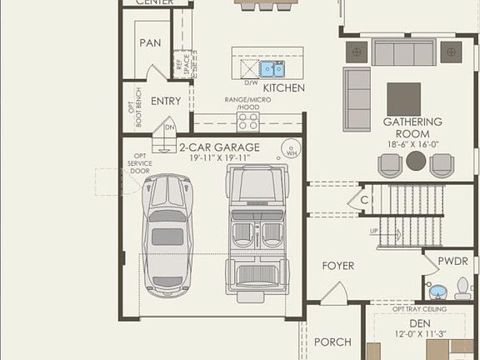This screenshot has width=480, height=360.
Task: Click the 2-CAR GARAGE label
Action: point(219,147)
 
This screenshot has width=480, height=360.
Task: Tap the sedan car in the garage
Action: point(167,233)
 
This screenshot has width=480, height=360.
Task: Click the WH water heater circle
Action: point(291,151)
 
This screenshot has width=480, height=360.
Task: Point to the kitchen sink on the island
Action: point(272,68)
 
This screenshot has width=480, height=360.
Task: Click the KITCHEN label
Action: point(283,87)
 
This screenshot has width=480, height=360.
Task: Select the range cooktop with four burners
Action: point(248,122)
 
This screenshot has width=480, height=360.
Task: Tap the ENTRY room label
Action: point(166,101)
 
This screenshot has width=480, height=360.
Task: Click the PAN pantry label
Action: point(150,42)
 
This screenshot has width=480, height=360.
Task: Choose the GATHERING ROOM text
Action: point(407,127)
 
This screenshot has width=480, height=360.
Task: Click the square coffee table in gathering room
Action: point(403,98)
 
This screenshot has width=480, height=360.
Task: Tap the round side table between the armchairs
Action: point(416,162)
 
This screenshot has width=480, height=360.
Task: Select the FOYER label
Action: point(337,266)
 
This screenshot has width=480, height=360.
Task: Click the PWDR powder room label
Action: point(452,261)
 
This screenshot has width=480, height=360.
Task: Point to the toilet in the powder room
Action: point(462,288)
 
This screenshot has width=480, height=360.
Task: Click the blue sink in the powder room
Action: point(437,292)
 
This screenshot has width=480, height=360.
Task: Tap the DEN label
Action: point(418,323)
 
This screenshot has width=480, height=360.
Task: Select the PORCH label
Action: point(332,342)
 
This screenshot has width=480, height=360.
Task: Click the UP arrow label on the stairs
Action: point(374,231)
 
